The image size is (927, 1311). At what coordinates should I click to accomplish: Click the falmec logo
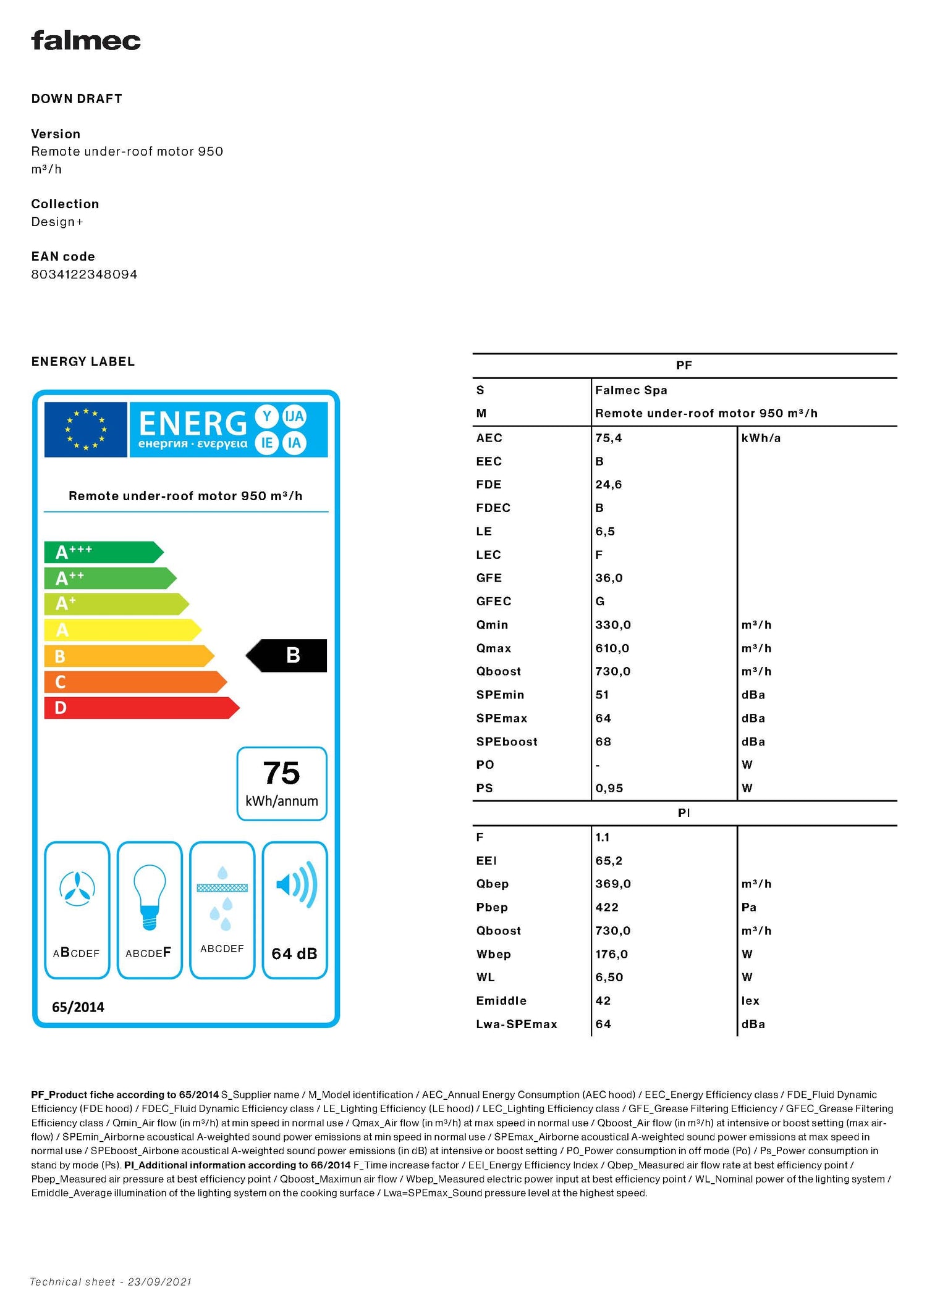point(86,41)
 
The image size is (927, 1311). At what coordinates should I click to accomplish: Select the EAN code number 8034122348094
point(84,274)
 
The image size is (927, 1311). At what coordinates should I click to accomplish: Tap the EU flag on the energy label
point(85,429)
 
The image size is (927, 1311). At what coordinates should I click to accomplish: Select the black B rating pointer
point(287,655)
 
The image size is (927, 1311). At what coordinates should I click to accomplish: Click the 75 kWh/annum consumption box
point(282,784)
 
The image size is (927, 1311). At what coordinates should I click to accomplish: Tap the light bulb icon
point(150,897)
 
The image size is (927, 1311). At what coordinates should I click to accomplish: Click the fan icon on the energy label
point(77,889)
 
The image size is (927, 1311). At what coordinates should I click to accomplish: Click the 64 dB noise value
point(294,953)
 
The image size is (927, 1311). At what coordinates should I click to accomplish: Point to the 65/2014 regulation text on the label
point(78,1007)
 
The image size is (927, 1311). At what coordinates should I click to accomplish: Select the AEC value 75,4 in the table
point(609,438)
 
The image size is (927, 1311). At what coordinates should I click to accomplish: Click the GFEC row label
point(494,601)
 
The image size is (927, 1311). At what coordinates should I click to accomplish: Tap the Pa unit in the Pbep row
point(749,907)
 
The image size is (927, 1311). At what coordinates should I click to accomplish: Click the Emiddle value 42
point(603,1000)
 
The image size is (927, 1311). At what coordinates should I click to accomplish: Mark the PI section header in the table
point(684,813)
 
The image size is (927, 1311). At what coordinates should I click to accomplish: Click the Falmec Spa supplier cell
point(631,390)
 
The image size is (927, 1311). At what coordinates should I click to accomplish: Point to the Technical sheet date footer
point(111,1282)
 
